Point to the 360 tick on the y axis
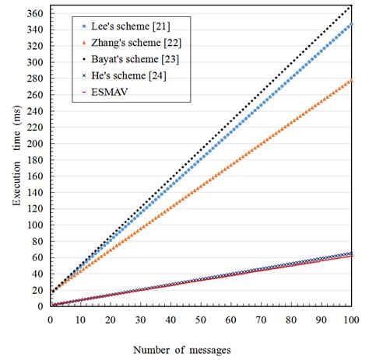(x=35, y=12)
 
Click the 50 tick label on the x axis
(x=201, y=319)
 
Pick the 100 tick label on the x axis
(x=351, y=319)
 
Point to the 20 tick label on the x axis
(x=110, y=319)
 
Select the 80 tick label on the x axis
(x=291, y=319)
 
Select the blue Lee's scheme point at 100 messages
(x=351, y=24)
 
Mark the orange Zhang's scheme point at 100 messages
(x=351, y=80)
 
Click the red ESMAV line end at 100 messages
(x=351, y=255)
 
